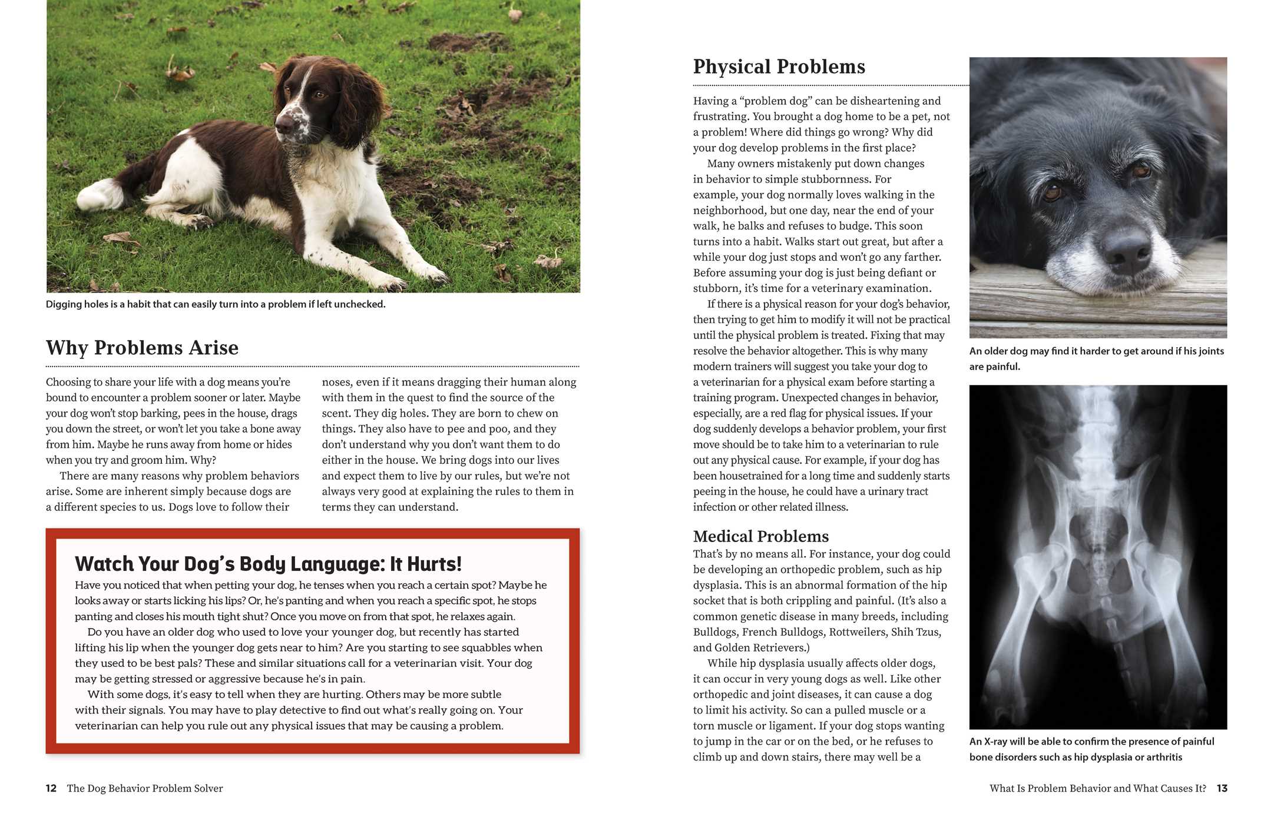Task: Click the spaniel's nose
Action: coord(284,124)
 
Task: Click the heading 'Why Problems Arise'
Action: coord(143,348)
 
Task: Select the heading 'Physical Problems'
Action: coord(779,67)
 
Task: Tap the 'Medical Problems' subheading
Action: coord(760,536)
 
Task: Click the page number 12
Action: coord(51,788)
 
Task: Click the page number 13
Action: coord(1222,788)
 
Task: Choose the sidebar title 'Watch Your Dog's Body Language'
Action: coord(268,564)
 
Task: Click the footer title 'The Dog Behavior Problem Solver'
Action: coord(145,788)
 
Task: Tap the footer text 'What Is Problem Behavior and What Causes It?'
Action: coord(1097,788)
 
